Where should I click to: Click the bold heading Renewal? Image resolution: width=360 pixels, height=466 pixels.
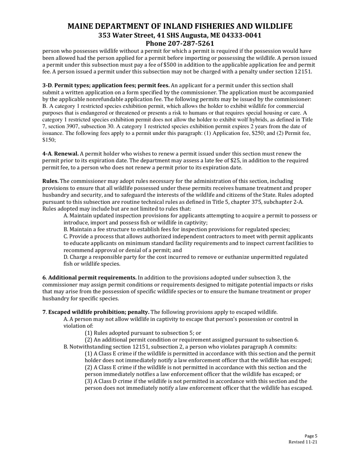[67, 154]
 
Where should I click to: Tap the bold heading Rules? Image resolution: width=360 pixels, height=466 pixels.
[50, 181]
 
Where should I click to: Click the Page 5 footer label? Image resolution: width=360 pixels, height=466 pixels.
[311, 436]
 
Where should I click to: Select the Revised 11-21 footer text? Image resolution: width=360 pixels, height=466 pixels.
[302, 442]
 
